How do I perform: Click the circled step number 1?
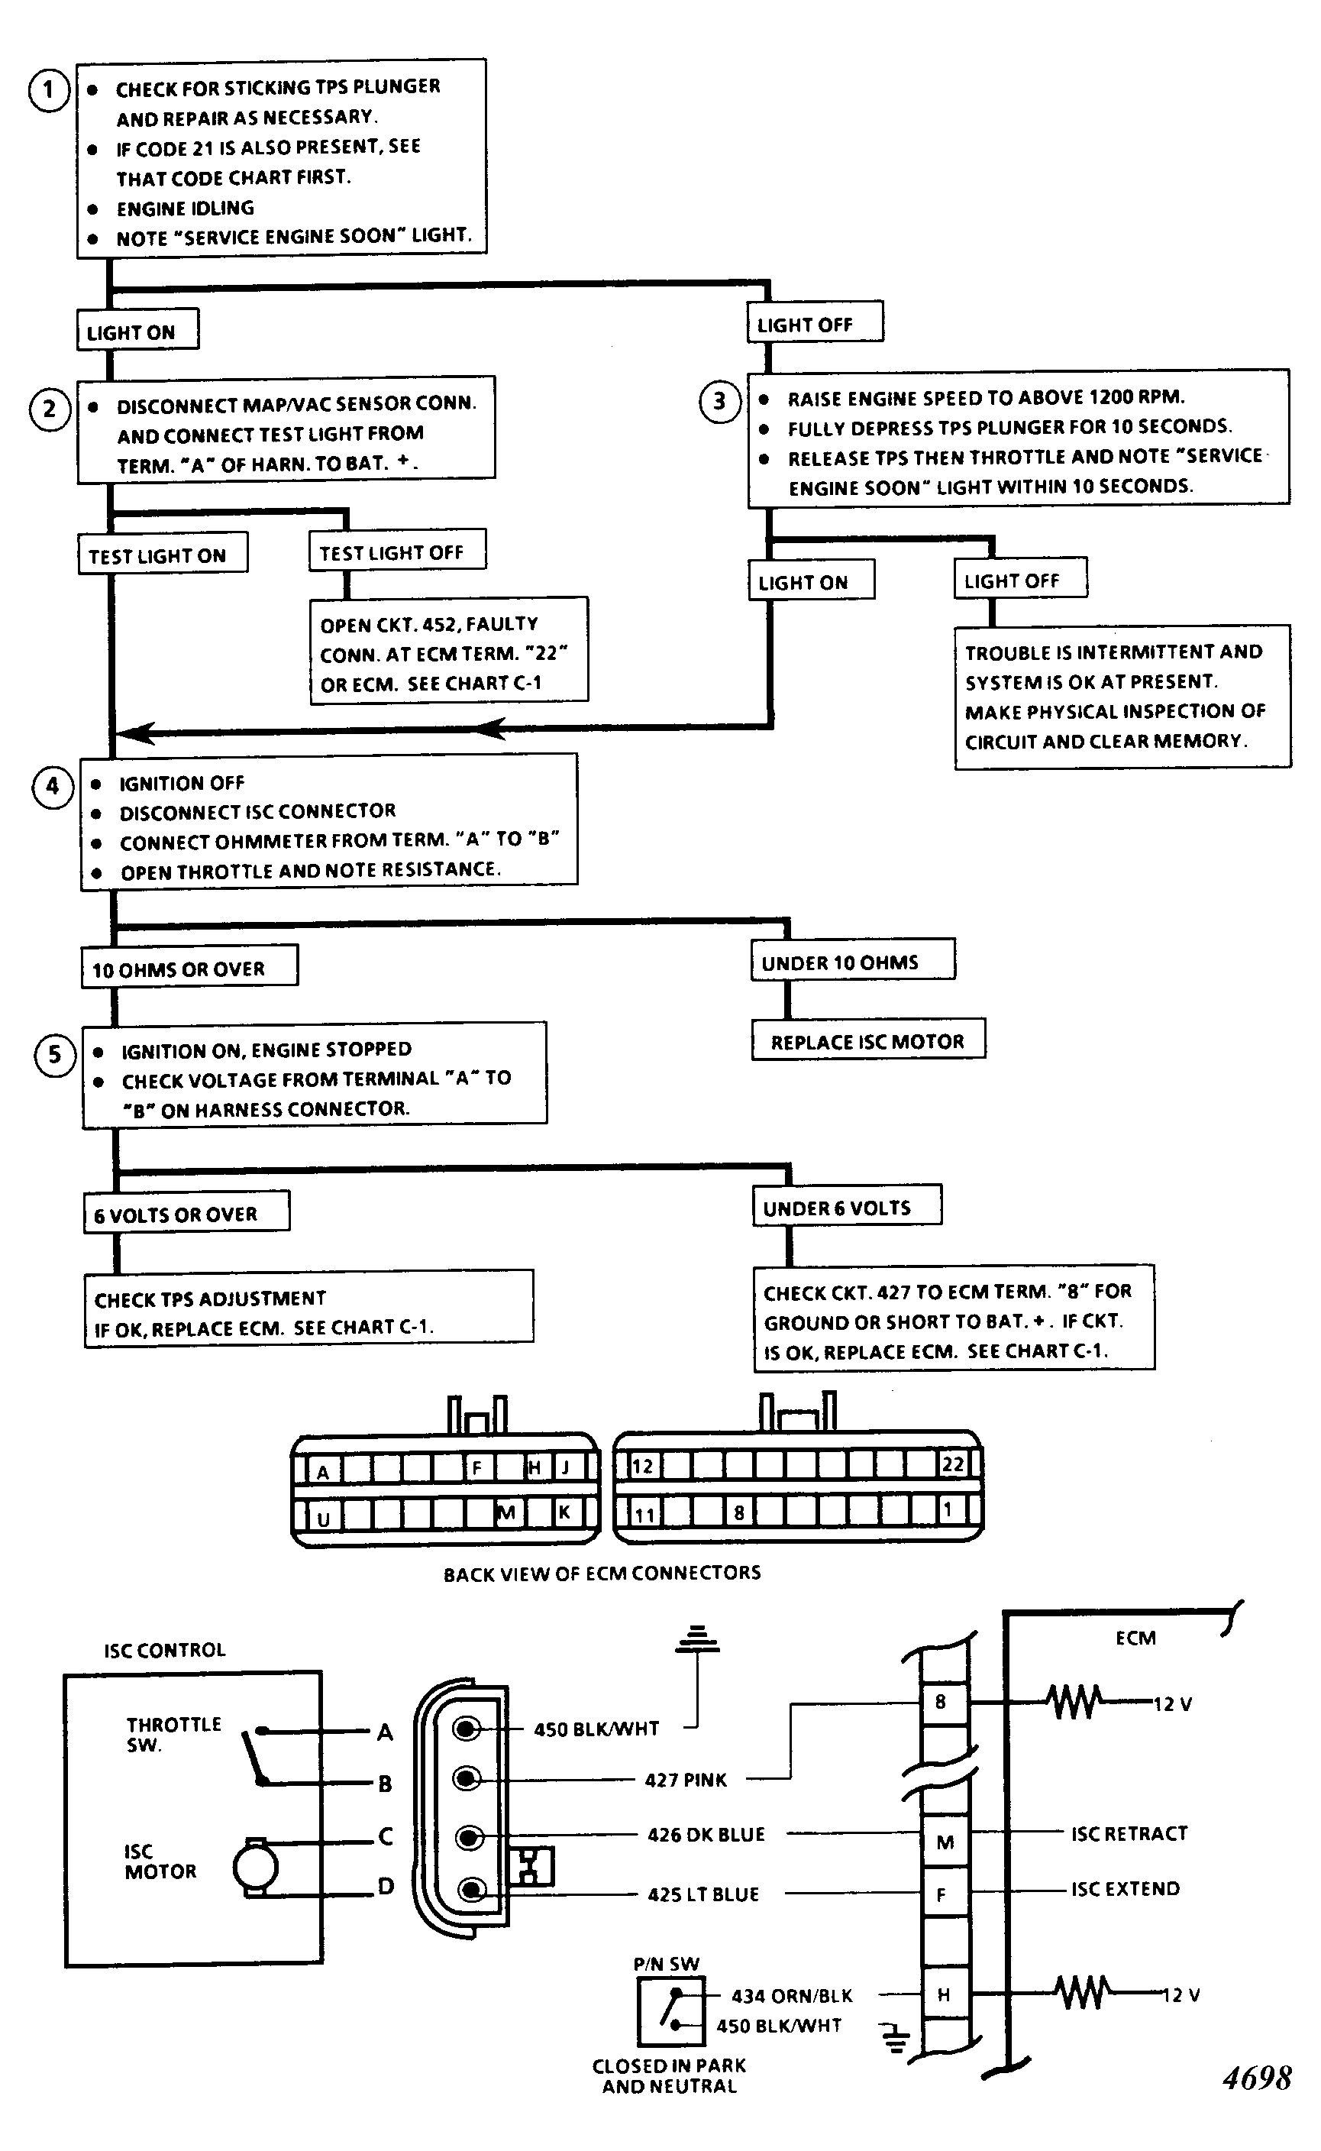pos(49,90)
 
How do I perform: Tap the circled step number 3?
pos(720,401)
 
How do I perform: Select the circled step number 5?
pos(55,1055)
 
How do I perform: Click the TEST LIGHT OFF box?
pos(398,551)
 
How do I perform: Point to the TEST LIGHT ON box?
pos(163,553)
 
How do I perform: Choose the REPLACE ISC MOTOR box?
pos(868,1040)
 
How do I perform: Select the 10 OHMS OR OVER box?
pos(189,967)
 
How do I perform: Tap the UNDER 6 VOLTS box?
pos(848,1205)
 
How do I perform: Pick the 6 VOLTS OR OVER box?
pos(186,1212)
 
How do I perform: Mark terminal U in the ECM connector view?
pos(322,1519)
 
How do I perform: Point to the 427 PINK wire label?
pos(686,1780)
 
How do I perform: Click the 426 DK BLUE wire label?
pos(706,1835)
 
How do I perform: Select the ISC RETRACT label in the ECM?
pos(1129,1832)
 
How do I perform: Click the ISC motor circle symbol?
pos(255,1868)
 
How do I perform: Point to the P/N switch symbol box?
pos(671,2012)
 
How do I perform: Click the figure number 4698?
pos(1257,2078)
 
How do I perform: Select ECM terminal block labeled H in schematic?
pos(945,1994)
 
